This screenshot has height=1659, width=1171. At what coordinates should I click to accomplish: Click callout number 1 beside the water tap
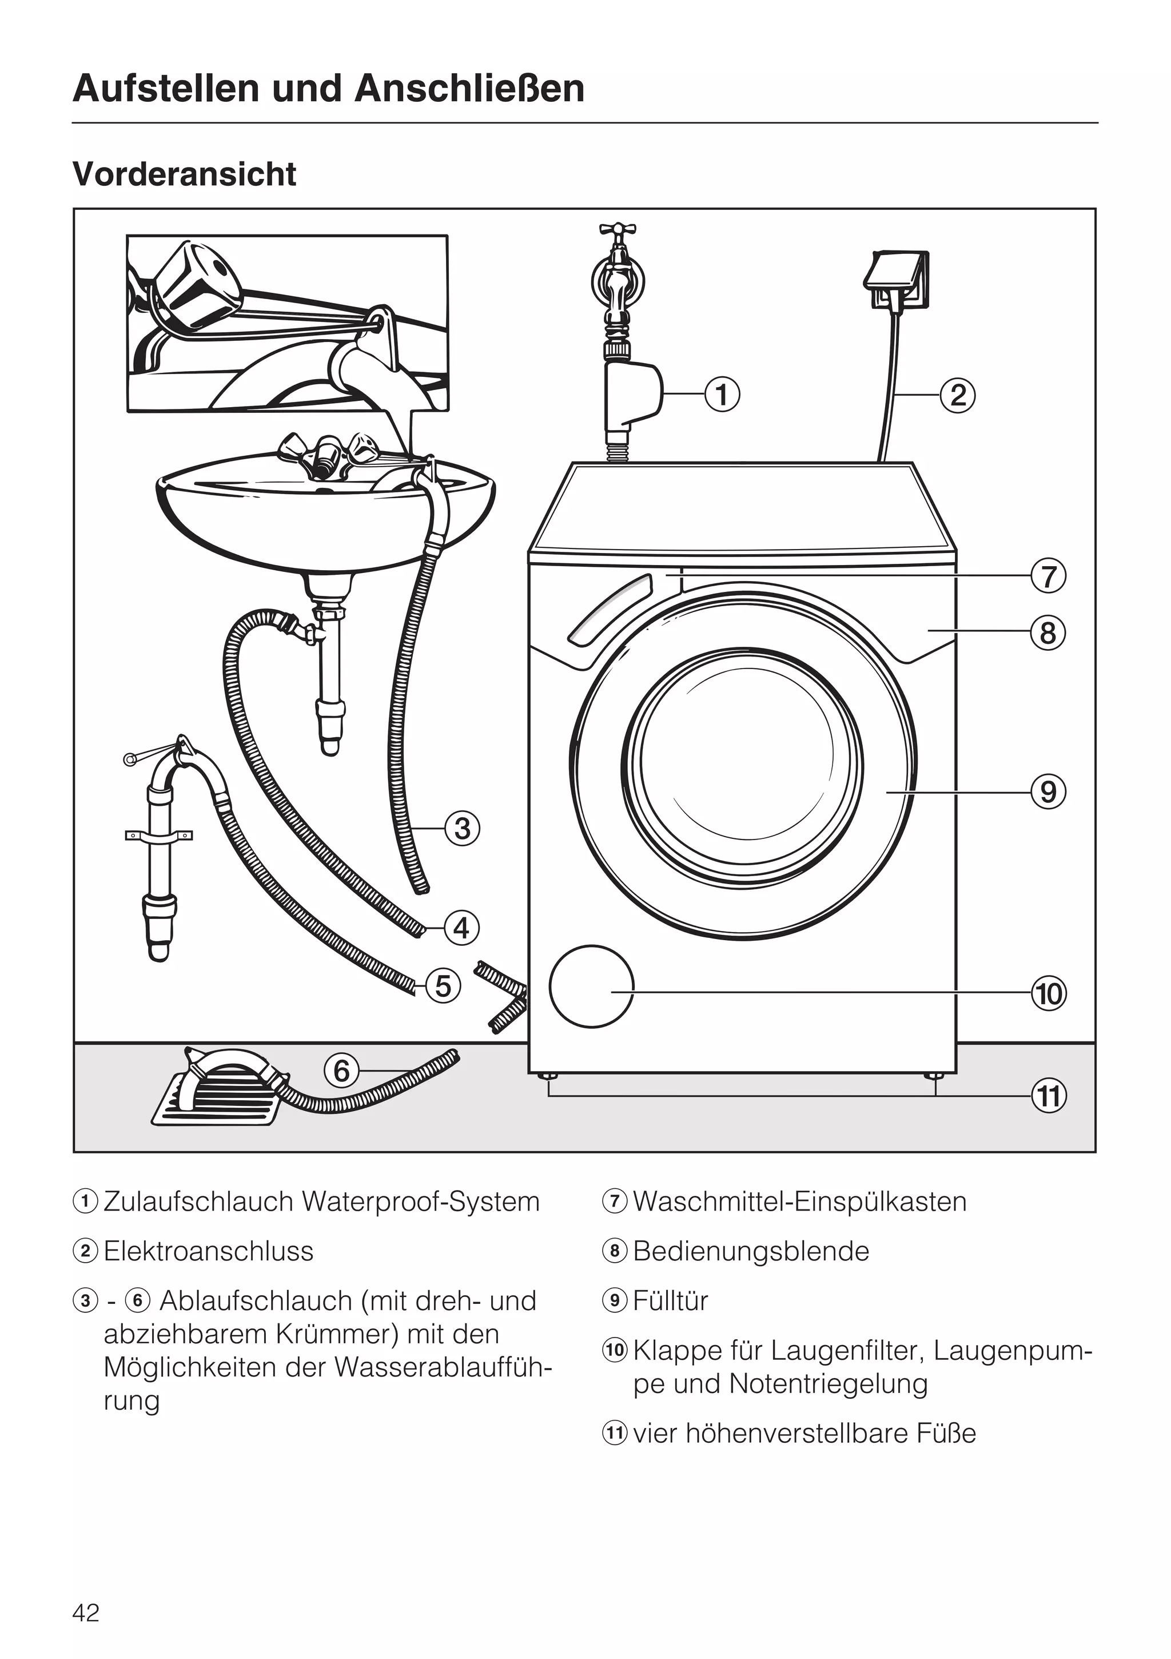[x=722, y=395]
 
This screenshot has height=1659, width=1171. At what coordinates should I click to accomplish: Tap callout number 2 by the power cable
[x=957, y=395]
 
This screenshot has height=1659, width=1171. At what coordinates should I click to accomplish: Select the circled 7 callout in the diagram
[x=1047, y=576]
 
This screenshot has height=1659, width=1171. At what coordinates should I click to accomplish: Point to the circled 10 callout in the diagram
[x=1048, y=993]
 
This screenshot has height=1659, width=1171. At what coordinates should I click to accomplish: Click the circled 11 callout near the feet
[x=1048, y=1096]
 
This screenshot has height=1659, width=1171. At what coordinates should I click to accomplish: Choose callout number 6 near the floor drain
[x=342, y=1070]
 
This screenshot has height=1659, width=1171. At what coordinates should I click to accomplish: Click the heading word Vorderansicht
[x=184, y=174]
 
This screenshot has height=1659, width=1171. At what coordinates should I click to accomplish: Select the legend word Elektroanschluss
[x=208, y=1251]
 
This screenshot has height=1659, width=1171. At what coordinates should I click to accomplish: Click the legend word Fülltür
[x=670, y=1300]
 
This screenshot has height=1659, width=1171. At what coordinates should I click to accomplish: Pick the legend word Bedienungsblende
[x=751, y=1251]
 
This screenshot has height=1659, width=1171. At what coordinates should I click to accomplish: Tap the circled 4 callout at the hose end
[x=461, y=927]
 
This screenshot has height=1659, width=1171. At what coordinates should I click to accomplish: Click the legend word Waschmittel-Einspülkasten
[x=799, y=1202]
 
